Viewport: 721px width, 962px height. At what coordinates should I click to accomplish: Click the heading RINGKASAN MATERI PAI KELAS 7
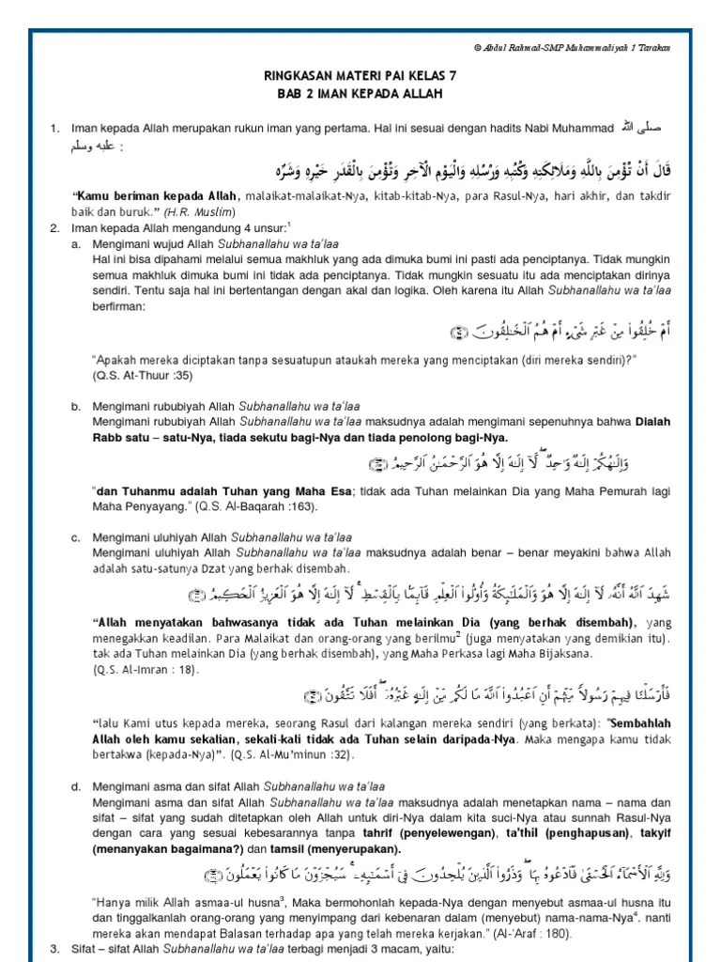(x=360, y=81)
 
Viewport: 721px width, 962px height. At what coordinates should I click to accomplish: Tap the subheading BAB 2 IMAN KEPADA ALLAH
(x=360, y=96)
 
